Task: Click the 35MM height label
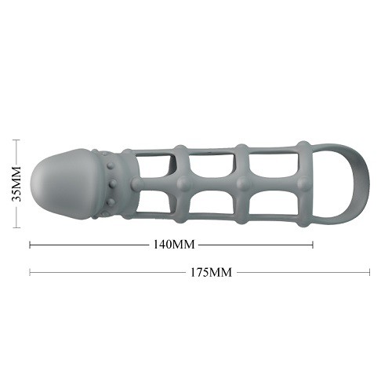(16, 183)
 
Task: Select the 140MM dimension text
(174, 245)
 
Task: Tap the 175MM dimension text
(211, 272)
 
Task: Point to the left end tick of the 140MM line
(30, 245)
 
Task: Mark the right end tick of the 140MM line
(313, 245)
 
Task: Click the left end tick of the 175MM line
(30, 272)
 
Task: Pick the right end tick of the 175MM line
(369, 272)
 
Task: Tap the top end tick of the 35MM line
(16, 140)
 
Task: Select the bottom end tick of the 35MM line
(16, 227)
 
